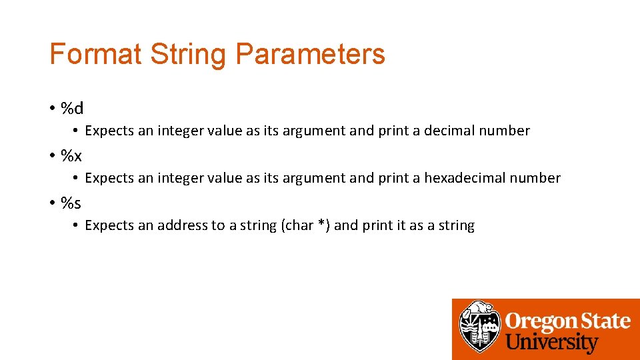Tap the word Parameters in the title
click(x=310, y=54)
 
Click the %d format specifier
click(x=72, y=108)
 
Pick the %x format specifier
click(x=71, y=155)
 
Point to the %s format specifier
click(x=71, y=202)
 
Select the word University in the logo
click(x=552, y=343)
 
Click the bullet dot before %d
click(x=52, y=109)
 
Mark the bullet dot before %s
click(x=52, y=203)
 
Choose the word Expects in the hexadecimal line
click(x=109, y=178)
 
